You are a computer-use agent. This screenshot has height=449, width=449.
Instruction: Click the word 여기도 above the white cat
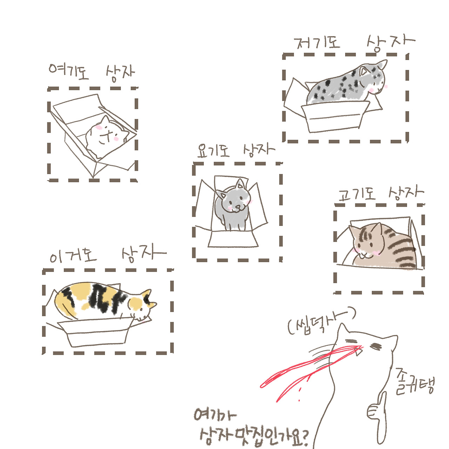pos(69,72)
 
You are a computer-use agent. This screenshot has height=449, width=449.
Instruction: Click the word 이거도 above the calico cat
pos(73,254)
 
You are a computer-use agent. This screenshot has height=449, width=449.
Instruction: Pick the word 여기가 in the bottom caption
pos(215,415)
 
